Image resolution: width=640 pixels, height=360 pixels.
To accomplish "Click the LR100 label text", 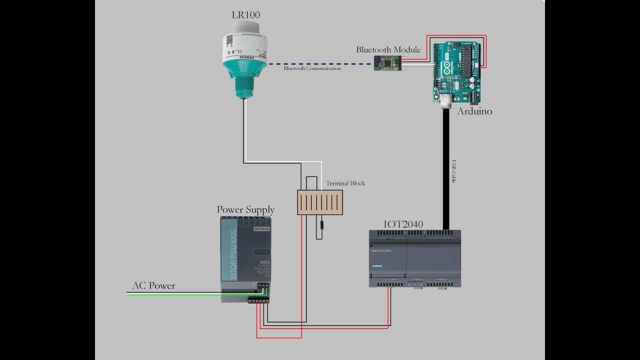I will coord(245,15).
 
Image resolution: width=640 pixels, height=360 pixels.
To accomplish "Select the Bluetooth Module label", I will coord(388,49).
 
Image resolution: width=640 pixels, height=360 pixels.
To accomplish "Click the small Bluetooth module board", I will coord(387,63).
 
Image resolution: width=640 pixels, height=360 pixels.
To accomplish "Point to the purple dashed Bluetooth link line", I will coord(320,64).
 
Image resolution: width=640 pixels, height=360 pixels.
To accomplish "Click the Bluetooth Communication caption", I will coord(312,68).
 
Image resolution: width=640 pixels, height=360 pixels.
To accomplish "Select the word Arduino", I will coord(474,111).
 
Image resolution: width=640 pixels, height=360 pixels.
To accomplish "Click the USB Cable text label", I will coord(454,171).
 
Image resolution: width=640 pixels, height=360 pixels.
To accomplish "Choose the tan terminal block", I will coord(320,202).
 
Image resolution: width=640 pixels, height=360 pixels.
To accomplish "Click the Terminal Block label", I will coord(345,183).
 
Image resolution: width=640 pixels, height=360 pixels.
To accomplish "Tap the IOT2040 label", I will coord(403,224).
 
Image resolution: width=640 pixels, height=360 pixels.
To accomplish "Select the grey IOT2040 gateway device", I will coord(414,258).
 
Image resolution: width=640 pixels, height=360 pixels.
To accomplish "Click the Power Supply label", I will coord(245,209).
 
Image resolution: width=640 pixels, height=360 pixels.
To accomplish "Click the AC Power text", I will coord(153,286).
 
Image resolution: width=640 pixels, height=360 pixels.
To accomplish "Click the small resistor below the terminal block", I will coord(320,225).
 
